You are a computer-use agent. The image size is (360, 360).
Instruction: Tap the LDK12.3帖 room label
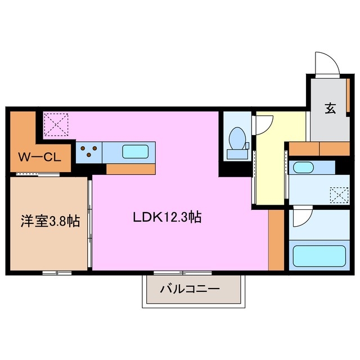pyautogui.click(x=167, y=217)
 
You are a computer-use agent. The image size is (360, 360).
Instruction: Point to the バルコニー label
pyautogui.click(x=189, y=290)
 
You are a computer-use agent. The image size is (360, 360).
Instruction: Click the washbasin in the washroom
pyautogui.click(x=304, y=167)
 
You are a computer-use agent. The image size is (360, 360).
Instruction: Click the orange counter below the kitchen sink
pyautogui.click(x=130, y=169)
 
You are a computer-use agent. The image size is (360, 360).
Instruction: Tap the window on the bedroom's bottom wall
pyautogui.click(x=57, y=273)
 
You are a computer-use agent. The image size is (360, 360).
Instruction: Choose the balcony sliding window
pyautogui.click(x=181, y=273)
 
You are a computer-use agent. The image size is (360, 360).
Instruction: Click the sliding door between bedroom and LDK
pyautogui.click(x=90, y=224)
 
